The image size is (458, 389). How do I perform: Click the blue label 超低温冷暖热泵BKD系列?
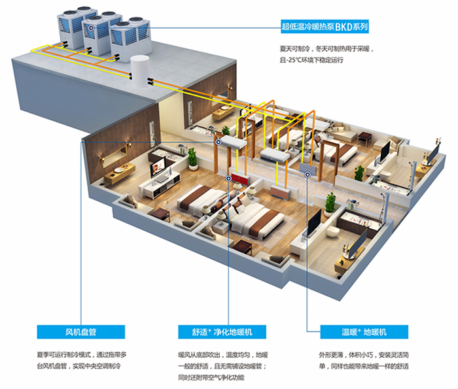coord(325,27)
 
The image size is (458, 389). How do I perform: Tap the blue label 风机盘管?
coord(81,332)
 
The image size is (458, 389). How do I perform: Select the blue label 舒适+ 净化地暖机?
coord(222,332)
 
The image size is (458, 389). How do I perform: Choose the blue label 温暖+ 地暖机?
coord(364,332)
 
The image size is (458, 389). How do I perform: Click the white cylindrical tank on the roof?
coord(139,73)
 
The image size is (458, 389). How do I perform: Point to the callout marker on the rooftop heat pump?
coord(91,28)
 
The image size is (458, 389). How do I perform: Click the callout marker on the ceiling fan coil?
coord(218,142)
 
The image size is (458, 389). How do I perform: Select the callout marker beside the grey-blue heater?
coord(308,175)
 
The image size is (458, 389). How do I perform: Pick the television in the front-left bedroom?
coord(158,168)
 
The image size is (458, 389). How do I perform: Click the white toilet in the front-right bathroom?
coord(333,232)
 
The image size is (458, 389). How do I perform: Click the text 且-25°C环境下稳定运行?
coord(311,60)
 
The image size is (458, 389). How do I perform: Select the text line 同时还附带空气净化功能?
coord(211,377)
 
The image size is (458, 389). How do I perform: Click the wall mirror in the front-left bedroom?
coord(114,156)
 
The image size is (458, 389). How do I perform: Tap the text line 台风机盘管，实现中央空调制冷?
coord(79,366)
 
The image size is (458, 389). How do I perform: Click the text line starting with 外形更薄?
coord(364,355)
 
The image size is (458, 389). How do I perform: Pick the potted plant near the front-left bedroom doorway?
coord(192,159)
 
